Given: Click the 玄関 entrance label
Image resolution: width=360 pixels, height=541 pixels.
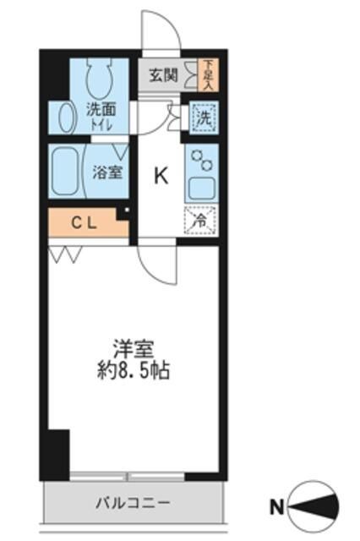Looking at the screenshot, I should [x=164, y=74].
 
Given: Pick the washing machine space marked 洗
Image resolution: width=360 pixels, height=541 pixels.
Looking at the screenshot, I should [x=202, y=117].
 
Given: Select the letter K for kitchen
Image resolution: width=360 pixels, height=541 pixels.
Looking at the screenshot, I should [x=161, y=176].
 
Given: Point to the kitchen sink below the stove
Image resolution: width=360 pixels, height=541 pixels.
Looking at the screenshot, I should [x=202, y=189].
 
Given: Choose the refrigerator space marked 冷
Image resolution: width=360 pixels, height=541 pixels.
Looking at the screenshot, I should [x=201, y=218].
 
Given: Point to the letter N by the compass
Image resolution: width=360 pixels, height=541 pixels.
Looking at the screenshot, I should [x=275, y=508].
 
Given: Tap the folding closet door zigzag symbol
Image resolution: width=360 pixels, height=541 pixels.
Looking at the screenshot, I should [x=64, y=253].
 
